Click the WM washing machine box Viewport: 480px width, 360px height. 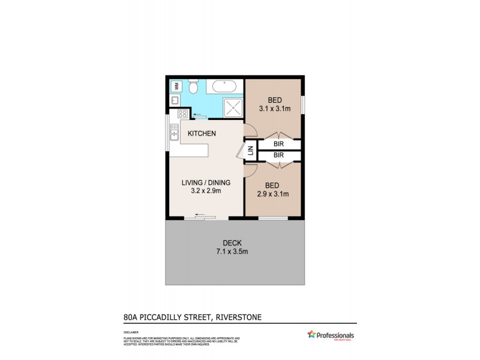point(176,86)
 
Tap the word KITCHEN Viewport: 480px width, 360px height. point(202,133)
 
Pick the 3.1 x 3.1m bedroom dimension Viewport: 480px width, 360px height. point(274,109)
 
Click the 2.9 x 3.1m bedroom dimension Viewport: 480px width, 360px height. point(274,194)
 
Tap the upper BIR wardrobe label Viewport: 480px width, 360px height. point(278,144)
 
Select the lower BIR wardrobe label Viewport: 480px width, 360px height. point(278,156)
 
